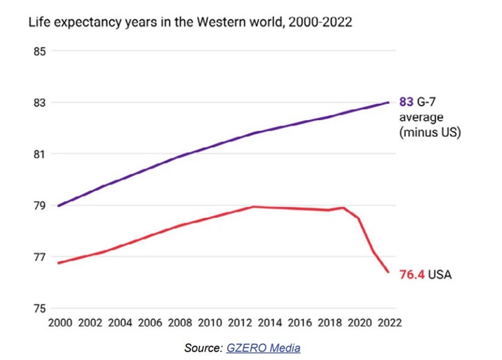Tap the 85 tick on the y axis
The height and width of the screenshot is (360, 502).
click(40, 51)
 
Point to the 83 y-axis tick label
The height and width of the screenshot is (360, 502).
click(40, 103)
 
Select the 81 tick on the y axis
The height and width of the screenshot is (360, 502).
click(40, 154)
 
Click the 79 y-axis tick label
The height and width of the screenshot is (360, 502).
click(40, 206)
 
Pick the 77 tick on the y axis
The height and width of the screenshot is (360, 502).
click(40, 257)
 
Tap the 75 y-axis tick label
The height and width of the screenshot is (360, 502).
click(40, 309)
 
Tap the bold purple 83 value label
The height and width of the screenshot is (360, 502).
click(406, 103)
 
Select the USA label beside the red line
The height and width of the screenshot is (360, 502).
click(440, 275)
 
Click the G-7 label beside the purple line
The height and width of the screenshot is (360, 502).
click(428, 103)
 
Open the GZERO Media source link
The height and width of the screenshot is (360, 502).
click(263, 348)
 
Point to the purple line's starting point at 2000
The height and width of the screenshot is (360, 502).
click(58, 206)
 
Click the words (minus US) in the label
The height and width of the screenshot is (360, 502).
click(430, 133)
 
